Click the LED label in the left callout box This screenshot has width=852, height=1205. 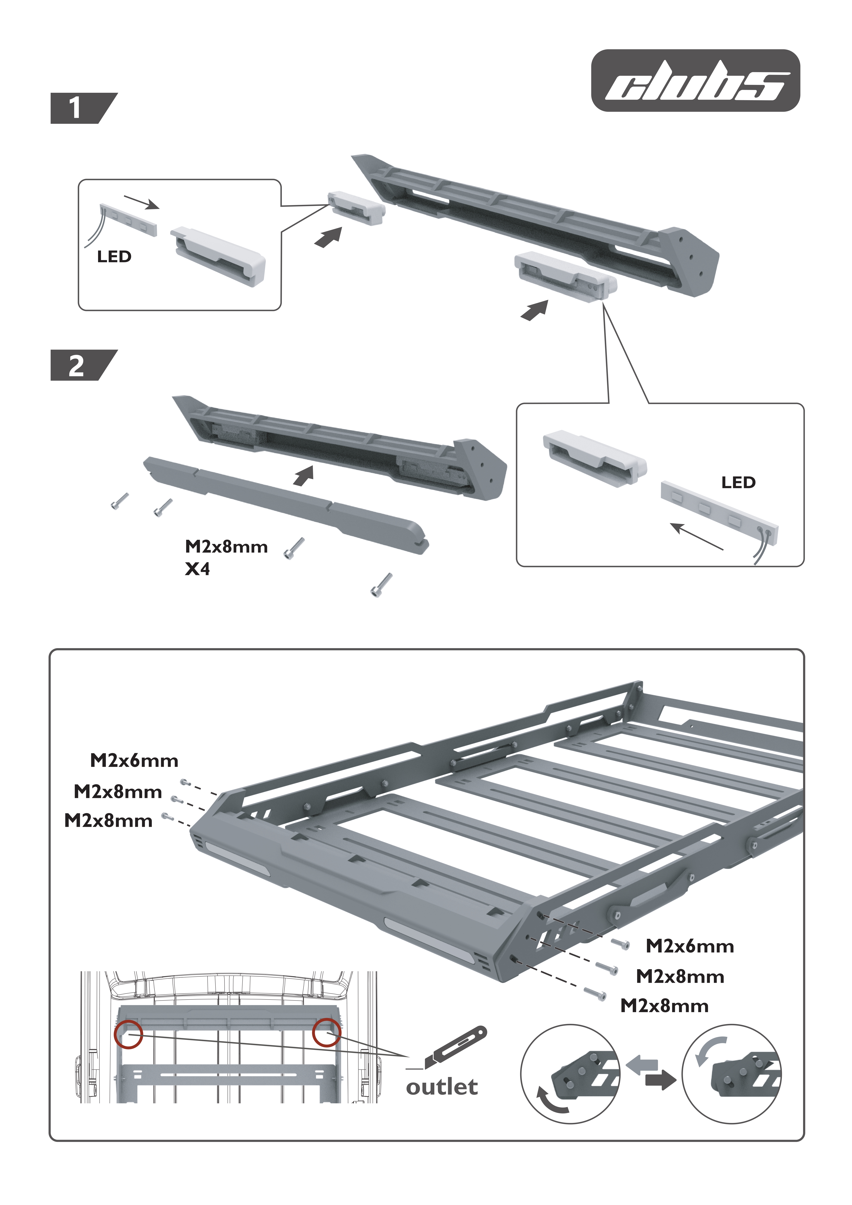(x=114, y=257)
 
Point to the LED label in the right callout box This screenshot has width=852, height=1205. (x=738, y=482)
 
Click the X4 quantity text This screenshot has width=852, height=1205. (x=197, y=569)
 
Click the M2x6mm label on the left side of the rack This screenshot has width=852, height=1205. (x=134, y=761)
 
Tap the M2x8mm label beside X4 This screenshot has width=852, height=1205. (x=226, y=547)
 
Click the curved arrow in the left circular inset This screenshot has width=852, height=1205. (x=550, y=1101)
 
